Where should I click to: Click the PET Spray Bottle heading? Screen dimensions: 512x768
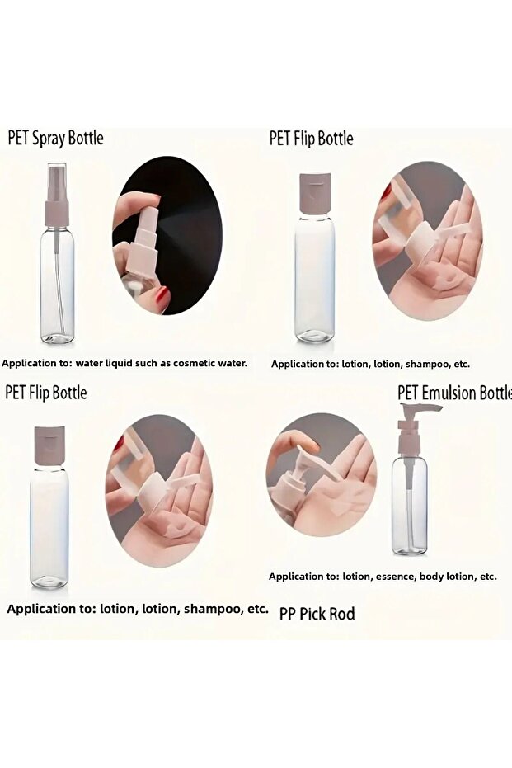pos(56,138)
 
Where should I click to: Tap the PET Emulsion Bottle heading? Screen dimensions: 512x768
pos(455,393)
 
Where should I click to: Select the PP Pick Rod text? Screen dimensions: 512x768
pos(317,613)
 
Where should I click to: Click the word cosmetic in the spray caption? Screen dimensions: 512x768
pos(189,363)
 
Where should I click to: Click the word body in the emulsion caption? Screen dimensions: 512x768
pos(430,577)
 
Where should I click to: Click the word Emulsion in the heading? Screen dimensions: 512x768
pos(449,393)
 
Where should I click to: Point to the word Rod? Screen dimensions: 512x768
pos(342,613)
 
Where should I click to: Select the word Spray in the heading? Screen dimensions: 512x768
pos(49,139)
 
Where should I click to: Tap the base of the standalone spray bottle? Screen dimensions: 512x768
pos(58,337)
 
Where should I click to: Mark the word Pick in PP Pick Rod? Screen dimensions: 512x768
pos(312,613)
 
